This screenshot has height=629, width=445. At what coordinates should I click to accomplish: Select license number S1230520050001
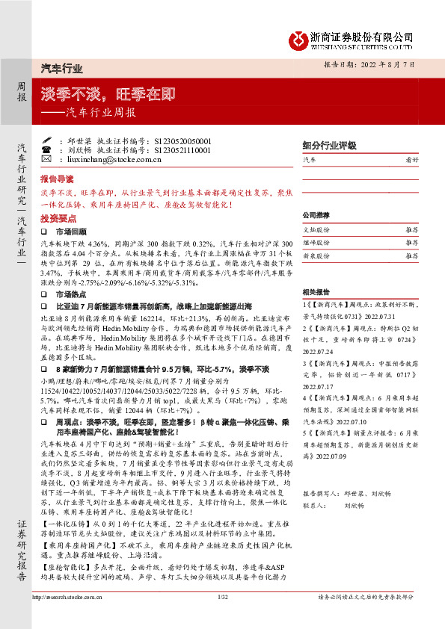(172, 140)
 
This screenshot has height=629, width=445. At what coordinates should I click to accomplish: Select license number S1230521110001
(172, 150)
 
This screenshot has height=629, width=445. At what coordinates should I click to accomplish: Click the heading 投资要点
(58, 219)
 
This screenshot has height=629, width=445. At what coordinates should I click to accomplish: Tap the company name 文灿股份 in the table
(316, 230)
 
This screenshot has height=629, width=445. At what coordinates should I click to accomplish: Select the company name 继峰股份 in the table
(316, 243)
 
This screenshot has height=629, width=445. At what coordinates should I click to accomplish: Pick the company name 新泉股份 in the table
(316, 255)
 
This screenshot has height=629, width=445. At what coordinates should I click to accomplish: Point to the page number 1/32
(222, 619)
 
